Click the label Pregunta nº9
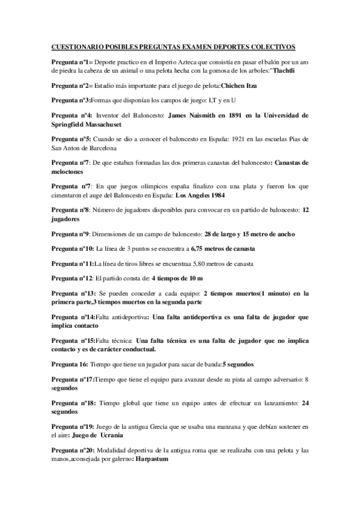pos(70,233)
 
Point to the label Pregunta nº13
pos(72,293)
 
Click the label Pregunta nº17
pos(73,380)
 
